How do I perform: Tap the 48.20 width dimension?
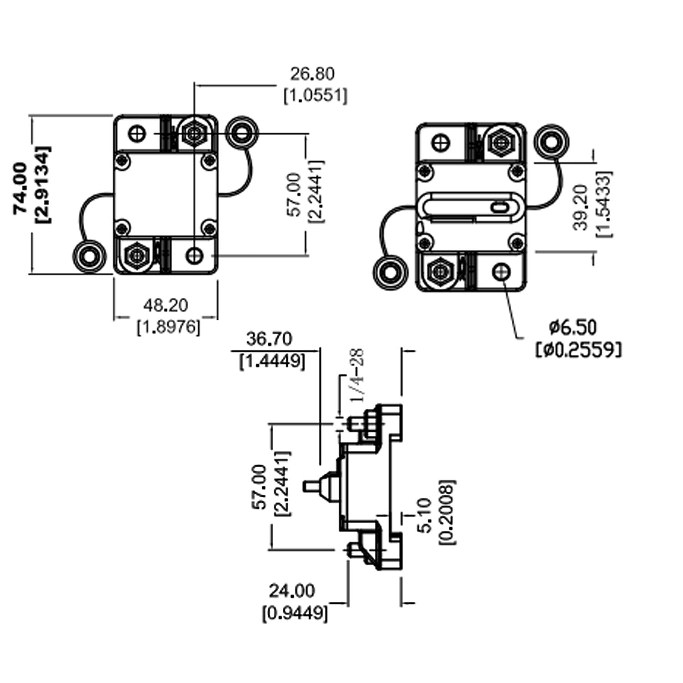coord(165,305)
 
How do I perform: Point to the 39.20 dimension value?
coord(581,207)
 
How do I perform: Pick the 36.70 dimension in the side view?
coord(269,339)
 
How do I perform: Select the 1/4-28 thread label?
coord(357,376)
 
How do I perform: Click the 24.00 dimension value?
coord(291,591)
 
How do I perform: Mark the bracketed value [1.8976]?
coord(168,326)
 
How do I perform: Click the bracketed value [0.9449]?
coord(295,613)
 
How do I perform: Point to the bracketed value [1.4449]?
coord(272,361)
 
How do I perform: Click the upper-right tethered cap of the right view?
coord(551,142)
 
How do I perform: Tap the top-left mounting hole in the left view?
coord(137,134)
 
